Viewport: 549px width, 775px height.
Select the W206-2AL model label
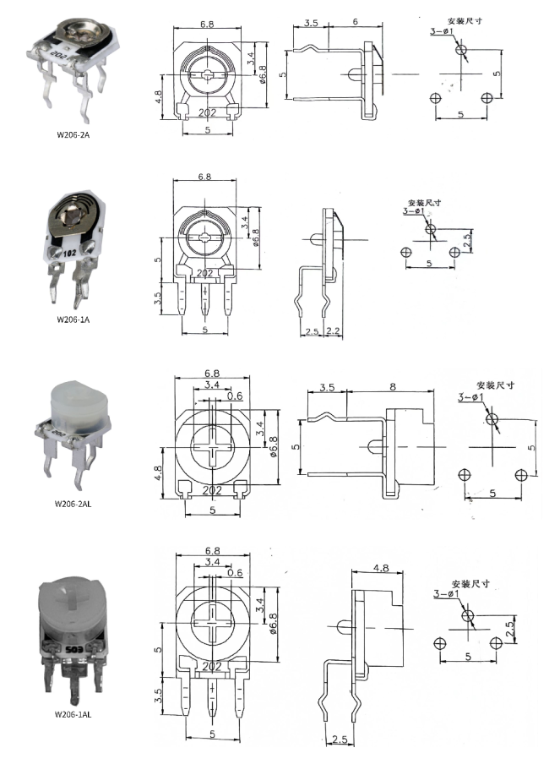coord(73,505)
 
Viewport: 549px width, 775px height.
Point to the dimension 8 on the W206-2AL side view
coord(393,388)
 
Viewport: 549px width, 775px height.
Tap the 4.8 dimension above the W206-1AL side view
coord(379,569)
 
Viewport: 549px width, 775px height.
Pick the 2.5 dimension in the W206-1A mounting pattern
coord(466,241)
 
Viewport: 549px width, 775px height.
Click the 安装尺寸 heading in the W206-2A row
coord(466,19)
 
